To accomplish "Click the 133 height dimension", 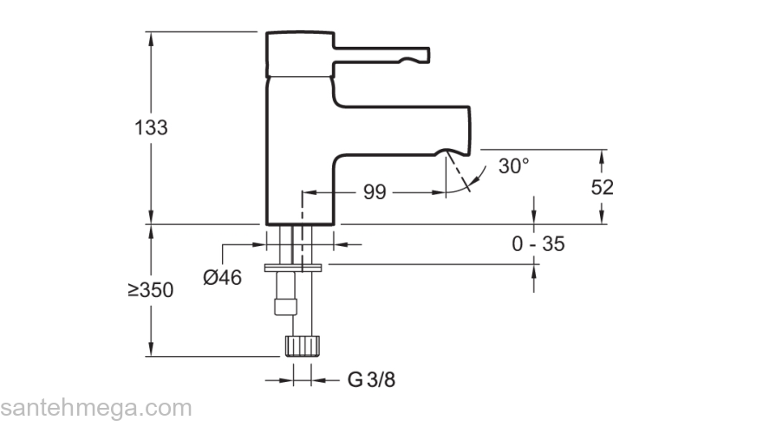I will coord(152,127).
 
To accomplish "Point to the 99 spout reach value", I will coord(375,192).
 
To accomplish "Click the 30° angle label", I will coord(513,166).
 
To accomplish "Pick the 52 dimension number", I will coord(602,187).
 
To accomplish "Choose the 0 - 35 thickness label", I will coord(538,244).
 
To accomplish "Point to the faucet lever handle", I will coord(381,54).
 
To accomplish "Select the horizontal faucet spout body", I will coord(403,130).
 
